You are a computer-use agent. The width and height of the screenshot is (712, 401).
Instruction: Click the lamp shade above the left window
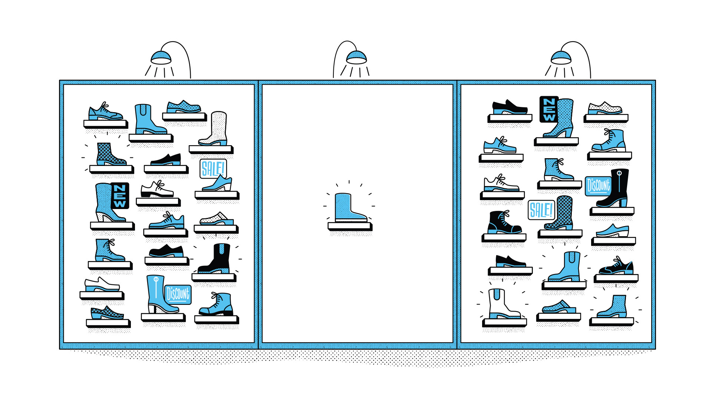tap(161, 58)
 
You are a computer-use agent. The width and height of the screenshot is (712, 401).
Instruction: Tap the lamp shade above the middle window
tap(356, 58)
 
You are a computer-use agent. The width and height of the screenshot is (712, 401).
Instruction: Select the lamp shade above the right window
tap(561, 58)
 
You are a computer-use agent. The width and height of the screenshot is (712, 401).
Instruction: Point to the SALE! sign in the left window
tap(213, 169)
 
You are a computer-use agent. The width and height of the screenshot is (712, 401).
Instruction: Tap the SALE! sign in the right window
tap(541, 210)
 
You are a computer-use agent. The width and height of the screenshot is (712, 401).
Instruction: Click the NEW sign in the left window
tap(120, 195)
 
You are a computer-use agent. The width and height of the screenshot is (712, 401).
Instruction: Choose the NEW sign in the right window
tap(549, 109)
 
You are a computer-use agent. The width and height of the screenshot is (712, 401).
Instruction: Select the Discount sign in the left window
tap(178, 294)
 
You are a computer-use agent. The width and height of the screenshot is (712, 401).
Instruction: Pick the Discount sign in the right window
tap(598, 186)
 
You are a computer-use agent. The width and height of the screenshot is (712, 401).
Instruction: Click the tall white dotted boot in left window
tap(215, 128)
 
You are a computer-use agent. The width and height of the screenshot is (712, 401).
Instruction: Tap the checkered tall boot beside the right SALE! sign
tap(562, 213)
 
